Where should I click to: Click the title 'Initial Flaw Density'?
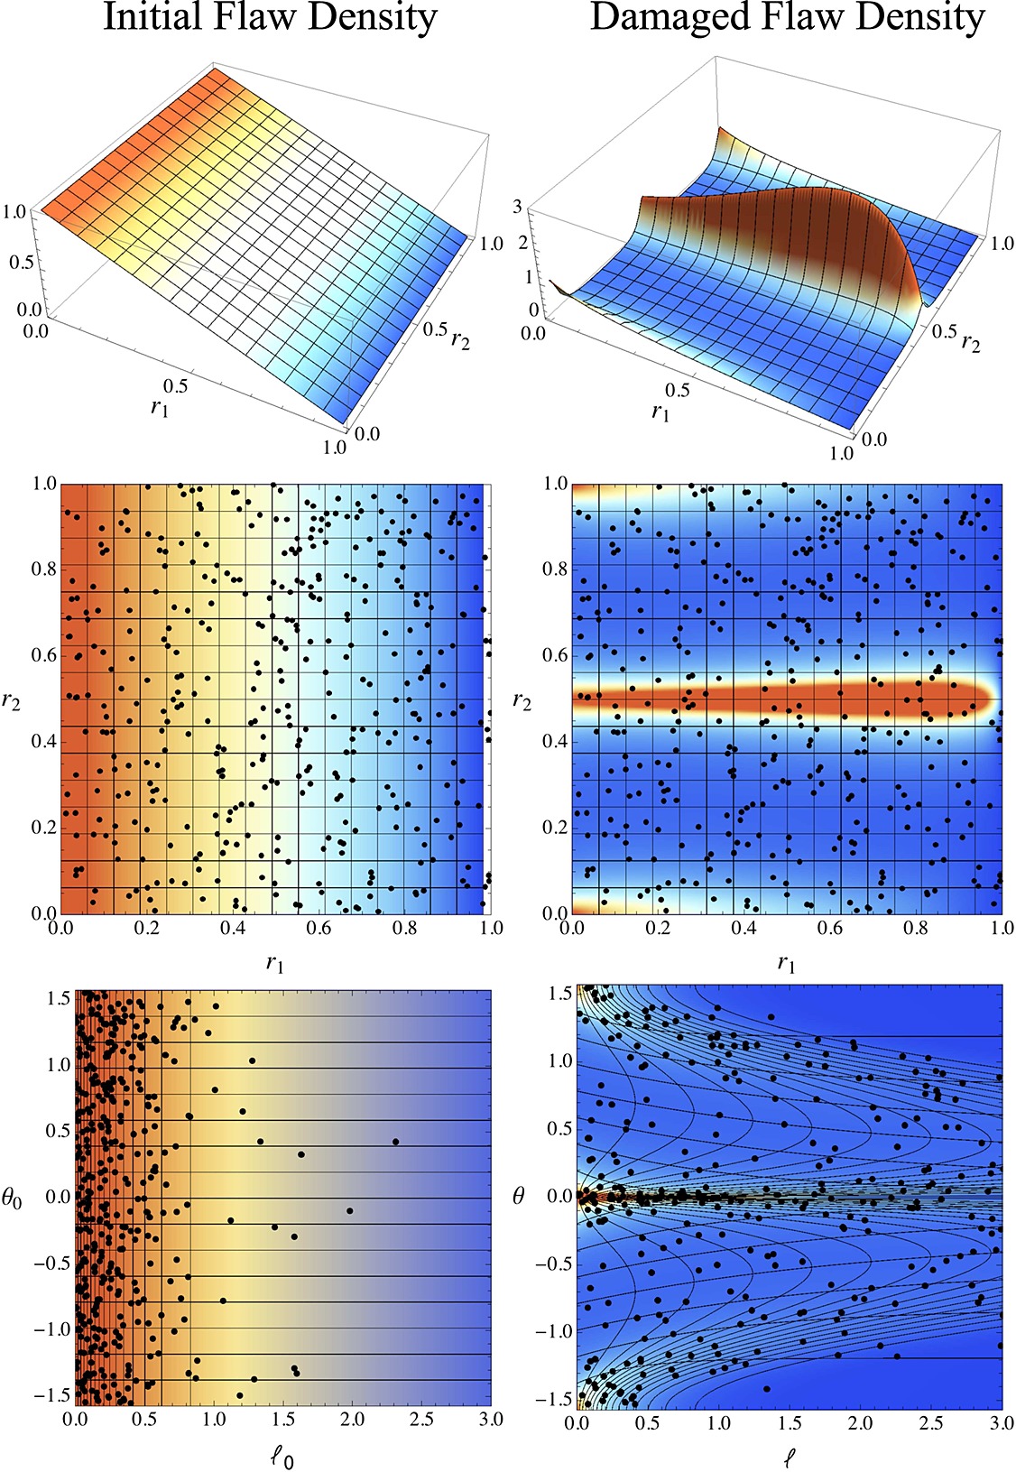point(270,18)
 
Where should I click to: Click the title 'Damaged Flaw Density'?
point(787,18)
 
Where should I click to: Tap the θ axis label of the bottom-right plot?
point(519,1198)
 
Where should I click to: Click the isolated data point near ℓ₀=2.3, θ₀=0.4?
point(395,1142)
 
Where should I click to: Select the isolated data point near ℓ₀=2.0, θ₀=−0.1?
point(350,1210)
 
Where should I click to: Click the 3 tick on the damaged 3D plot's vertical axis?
point(518,207)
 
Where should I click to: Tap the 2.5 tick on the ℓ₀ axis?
point(421,1419)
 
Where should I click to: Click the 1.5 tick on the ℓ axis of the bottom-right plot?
point(790,1422)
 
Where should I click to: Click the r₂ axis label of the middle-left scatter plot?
point(12,701)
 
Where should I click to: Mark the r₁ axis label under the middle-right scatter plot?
point(786,964)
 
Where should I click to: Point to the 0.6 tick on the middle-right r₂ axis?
point(555,655)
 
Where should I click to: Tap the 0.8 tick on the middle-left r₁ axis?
point(405,928)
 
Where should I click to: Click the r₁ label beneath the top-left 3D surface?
point(160,408)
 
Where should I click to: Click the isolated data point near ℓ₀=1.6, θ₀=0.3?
point(301,1154)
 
